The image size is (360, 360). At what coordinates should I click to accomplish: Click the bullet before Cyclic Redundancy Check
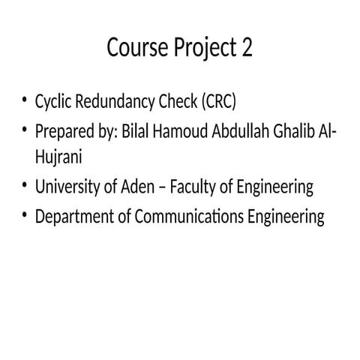click(x=25, y=101)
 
